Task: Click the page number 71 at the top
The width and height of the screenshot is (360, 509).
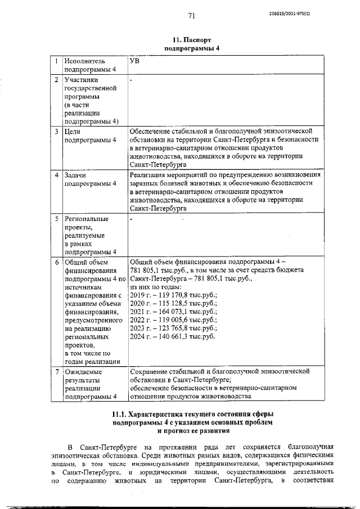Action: tap(191, 16)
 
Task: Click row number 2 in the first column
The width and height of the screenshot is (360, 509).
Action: tap(56, 80)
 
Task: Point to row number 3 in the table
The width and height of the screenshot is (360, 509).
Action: tap(56, 131)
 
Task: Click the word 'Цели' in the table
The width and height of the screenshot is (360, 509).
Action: tap(74, 131)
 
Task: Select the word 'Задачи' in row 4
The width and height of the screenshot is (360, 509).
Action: tap(76, 175)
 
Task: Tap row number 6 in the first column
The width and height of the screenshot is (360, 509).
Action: tap(56, 262)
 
